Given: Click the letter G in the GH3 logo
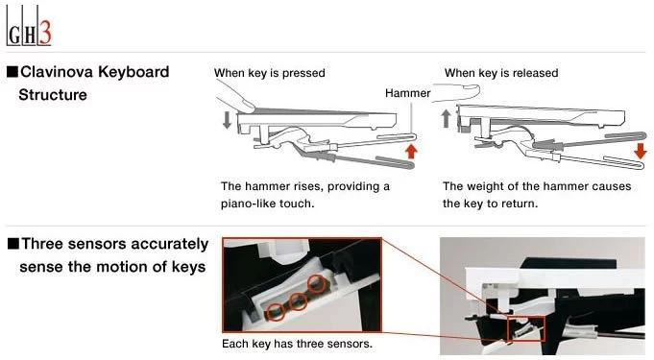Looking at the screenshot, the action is [x=14, y=36].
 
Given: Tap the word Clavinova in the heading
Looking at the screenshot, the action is [x=57, y=72].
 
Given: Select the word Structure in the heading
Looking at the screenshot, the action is [x=53, y=95].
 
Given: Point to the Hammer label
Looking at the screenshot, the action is [x=407, y=93].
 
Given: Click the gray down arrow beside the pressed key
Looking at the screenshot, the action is [x=227, y=119].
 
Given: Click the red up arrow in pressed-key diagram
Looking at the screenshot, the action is [x=411, y=151].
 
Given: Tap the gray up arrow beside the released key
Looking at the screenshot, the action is [x=446, y=118].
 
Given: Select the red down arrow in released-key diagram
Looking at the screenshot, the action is [x=641, y=151].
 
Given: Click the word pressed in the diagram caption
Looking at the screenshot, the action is [x=303, y=73].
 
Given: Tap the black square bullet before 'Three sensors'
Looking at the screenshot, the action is [x=13, y=244].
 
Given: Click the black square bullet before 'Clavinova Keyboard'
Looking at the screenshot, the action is [x=12, y=72].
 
